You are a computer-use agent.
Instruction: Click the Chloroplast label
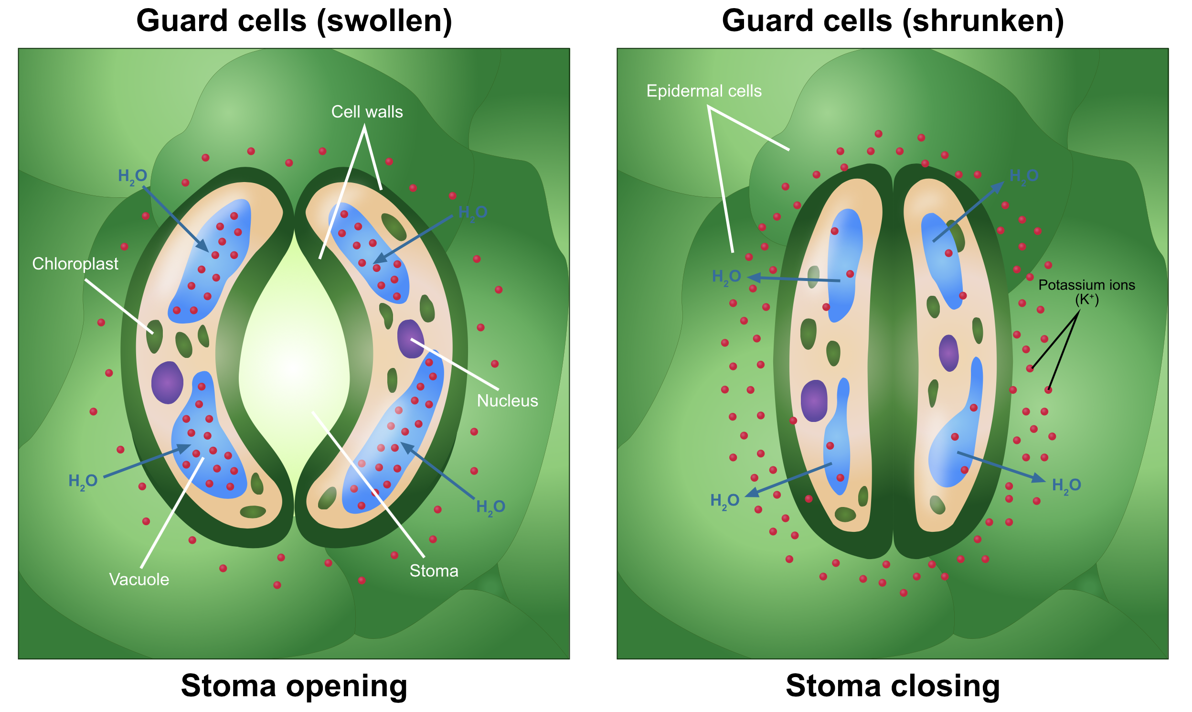[75, 263]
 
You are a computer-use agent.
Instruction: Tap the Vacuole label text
[139, 579]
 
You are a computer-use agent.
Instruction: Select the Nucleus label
[507, 400]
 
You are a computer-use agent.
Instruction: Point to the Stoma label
[434, 571]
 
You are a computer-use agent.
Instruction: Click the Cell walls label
[367, 112]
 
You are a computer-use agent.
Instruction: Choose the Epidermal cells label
[704, 91]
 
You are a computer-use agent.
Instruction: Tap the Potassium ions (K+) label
[1086, 291]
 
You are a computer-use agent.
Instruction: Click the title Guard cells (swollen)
[294, 21]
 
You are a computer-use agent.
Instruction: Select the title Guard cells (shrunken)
[893, 21]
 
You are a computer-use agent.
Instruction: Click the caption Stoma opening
[294, 686]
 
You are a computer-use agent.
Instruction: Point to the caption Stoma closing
[893, 686]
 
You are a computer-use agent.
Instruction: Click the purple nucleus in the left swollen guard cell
[167, 382]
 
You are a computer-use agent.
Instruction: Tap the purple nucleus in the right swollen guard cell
[410, 339]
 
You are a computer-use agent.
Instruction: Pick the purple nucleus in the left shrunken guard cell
[814, 400]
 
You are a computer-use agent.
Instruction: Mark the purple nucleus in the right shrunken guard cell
[948, 353]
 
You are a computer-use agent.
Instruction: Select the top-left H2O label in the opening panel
[132, 176]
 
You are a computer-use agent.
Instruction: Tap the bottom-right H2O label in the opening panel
[490, 507]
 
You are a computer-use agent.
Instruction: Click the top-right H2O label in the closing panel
[1024, 176]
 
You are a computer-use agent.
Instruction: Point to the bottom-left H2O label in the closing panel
[724, 500]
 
